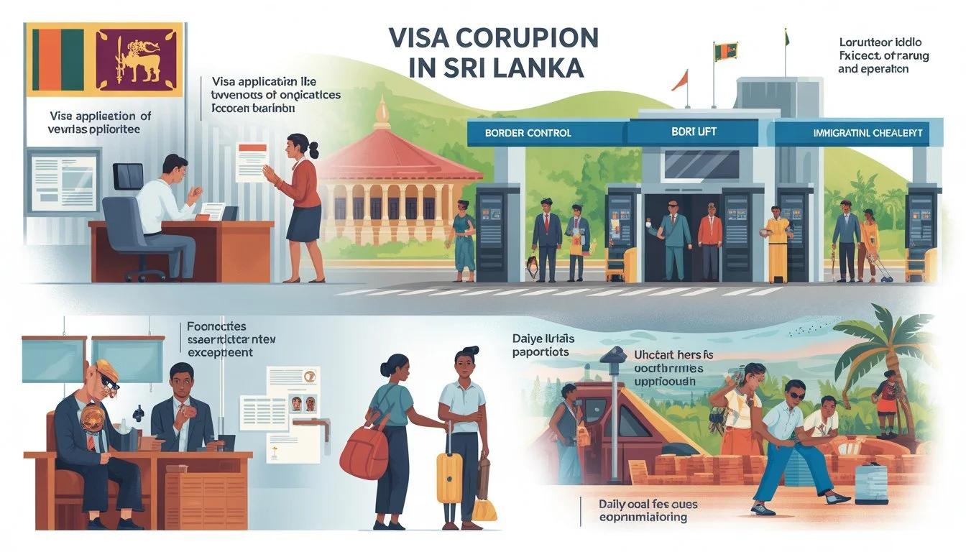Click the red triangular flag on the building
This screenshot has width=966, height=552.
(680, 80)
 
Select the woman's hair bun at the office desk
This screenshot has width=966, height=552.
(313, 149)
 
